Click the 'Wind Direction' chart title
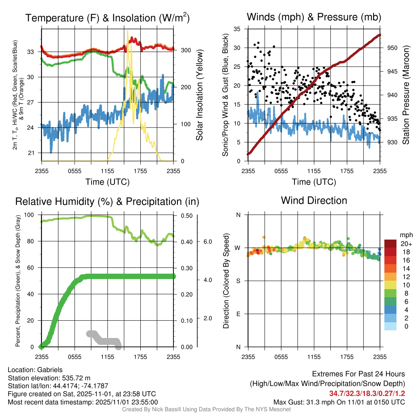314,200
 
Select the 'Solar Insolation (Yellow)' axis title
199,95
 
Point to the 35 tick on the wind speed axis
237,29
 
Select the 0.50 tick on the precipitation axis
187,215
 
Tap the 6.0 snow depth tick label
208,242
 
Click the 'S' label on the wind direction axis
238,281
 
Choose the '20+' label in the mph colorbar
406,244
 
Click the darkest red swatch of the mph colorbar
391,243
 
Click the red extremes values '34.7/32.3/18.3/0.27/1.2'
367,393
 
